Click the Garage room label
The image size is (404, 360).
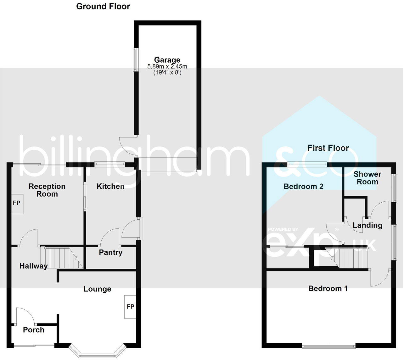point(167,60)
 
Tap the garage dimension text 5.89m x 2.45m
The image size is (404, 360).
point(167,67)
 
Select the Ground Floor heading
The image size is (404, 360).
point(103,6)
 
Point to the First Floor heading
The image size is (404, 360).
point(328,148)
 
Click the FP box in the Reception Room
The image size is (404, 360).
point(17,203)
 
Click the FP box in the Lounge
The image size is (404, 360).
point(130,307)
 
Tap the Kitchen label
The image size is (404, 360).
point(110,186)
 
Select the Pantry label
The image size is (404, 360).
point(110,252)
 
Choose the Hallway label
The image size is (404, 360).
point(33,266)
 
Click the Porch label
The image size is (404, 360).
point(33,330)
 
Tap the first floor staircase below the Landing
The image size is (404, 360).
point(349,258)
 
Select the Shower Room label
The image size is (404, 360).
point(367,178)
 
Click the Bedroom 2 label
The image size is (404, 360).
point(303,186)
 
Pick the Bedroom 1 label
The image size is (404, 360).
point(328,289)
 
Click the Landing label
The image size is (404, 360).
point(367,225)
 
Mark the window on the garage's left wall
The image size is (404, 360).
point(136,59)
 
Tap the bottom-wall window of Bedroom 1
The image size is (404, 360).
point(328,346)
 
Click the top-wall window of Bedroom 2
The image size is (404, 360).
point(307,163)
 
